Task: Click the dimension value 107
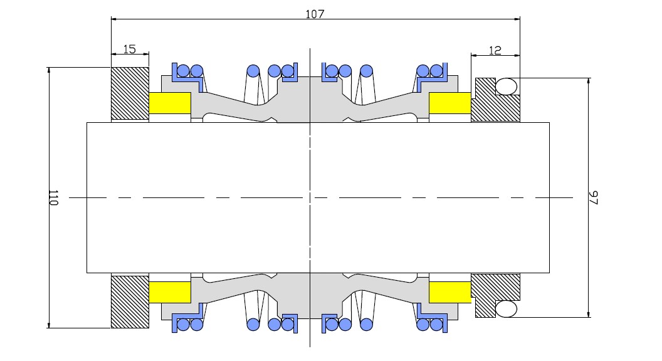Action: click(x=315, y=14)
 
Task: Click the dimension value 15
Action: click(x=130, y=49)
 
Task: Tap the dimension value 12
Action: click(x=495, y=51)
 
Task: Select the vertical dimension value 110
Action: click(x=53, y=197)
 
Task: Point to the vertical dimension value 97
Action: click(x=594, y=197)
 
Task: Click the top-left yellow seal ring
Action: click(x=170, y=103)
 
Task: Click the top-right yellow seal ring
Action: click(x=450, y=103)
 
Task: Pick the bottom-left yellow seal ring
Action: click(x=170, y=292)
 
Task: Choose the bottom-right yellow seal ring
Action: click(x=450, y=292)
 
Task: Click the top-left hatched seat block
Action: click(x=130, y=94)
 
